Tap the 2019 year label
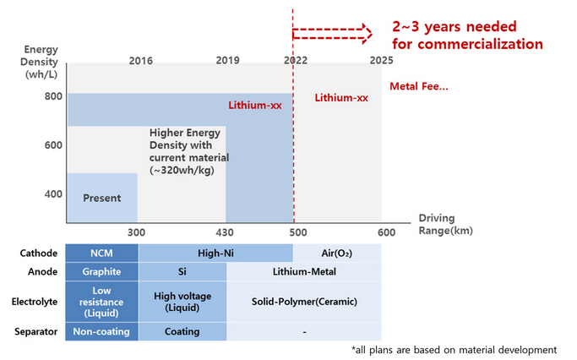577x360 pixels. point(227,61)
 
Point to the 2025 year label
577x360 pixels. point(382,61)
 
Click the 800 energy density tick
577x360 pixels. point(54,96)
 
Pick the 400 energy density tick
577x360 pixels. point(54,194)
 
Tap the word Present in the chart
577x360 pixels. point(101,199)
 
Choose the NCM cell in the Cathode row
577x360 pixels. point(102,253)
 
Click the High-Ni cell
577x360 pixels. point(215,253)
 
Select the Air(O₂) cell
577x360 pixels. point(337,253)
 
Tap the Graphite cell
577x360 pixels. point(102,272)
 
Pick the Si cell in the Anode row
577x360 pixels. point(182,272)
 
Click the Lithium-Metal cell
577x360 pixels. point(304,272)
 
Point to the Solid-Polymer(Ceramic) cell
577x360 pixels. point(304,302)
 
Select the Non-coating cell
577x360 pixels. point(102,332)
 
